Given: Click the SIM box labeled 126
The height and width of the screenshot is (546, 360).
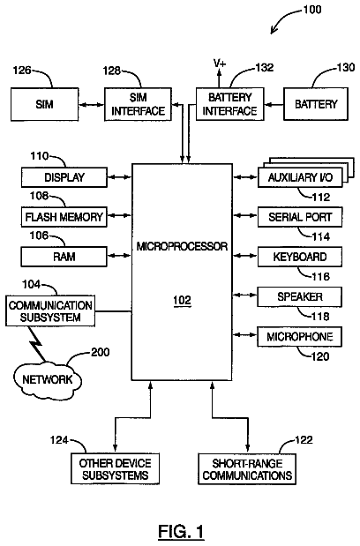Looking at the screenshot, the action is tap(45, 104).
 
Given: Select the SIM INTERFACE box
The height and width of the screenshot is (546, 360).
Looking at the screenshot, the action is tap(138, 104).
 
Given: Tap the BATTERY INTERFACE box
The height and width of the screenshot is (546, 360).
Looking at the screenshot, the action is tap(229, 104).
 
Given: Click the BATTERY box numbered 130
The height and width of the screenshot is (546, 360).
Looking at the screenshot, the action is tap(316, 104).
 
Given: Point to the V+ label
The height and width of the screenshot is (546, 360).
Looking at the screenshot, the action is tap(220, 64).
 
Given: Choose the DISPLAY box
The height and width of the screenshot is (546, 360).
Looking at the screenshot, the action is tap(64, 177).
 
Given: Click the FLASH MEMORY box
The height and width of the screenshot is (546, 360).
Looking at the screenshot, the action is tap(64, 217).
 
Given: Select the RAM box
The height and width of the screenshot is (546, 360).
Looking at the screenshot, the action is tap(64, 257).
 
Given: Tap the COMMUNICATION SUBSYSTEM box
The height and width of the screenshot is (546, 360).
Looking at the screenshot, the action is tap(50, 311).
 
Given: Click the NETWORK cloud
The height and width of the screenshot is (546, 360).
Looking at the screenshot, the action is tap(48, 380).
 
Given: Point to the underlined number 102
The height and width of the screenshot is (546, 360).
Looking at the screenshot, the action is tap(182, 300).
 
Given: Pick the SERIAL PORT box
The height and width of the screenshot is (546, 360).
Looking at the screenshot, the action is tap(300, 217).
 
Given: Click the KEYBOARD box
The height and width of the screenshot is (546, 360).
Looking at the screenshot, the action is tap(300, 257).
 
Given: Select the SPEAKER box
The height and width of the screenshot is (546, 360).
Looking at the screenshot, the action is tap(299, 296).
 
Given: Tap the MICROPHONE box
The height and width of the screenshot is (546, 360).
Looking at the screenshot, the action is tap(299, 337).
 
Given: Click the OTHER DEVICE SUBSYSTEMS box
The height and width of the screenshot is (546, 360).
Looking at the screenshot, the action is tap(116, 468).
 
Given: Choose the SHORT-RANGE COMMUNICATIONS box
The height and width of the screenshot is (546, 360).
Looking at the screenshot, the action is tap(247, 468).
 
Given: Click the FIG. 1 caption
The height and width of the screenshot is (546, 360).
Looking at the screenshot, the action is tap(181, 532).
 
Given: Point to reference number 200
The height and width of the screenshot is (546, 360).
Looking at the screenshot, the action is tap(101, 352).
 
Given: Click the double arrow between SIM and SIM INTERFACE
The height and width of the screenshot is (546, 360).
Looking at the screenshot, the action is tap(92, 104).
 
